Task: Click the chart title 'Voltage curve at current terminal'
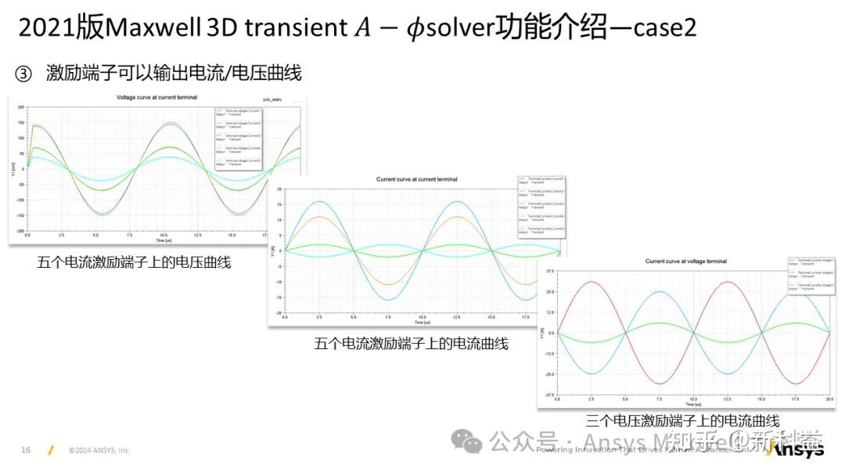(156, 98)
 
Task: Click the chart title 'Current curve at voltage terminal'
(685, 261)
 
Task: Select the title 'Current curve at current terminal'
(417, 179)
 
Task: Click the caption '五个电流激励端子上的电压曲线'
(134, 262)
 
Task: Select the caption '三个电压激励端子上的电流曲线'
(682, 421)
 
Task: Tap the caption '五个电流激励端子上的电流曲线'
(412, 343)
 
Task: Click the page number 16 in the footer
(26, 450)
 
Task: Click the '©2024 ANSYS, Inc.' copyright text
(99, 450)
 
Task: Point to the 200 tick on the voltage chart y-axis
(21, 106)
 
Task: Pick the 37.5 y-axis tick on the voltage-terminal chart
(550, 272)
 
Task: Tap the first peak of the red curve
(591, 282)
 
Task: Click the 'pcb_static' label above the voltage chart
(271, 100)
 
